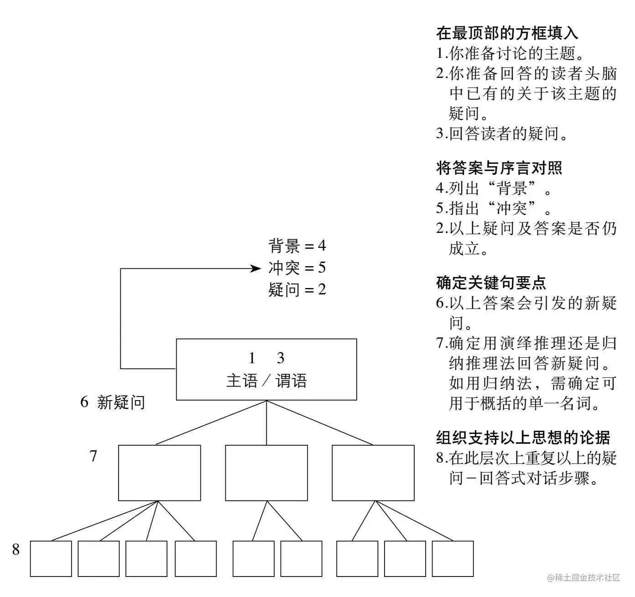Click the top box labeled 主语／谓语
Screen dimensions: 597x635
[x=266, y=370]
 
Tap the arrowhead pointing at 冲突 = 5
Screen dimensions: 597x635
[x=256, y=268]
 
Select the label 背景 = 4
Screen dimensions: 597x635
[x=297, y=246]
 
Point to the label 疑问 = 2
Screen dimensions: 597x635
[x=297, y=290]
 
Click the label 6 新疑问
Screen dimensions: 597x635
[x=113, y=402]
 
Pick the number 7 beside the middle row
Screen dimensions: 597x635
[x=94, y=456]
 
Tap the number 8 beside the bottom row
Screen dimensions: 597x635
[x=16, y=550]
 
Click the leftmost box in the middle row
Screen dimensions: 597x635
[x=159, y=473]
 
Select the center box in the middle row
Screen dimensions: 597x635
[x=266, y=473]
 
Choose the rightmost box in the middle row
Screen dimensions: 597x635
[x=373, y=473]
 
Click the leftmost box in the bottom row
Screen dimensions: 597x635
[x=51, y=559]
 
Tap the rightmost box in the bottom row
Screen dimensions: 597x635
[x=453, y=559]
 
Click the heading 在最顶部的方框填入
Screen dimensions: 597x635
[x=507, y=33]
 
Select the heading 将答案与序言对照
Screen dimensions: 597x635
[x=499, y=168]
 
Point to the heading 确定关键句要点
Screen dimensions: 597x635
[x=491, y=283]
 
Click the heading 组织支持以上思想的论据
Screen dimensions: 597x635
[x=523, y=438]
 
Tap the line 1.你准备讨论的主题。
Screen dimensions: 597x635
[x=510, y=54]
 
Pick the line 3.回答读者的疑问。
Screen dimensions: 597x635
[x=502, y=134]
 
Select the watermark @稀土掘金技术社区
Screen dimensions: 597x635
[x=584, y=578]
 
